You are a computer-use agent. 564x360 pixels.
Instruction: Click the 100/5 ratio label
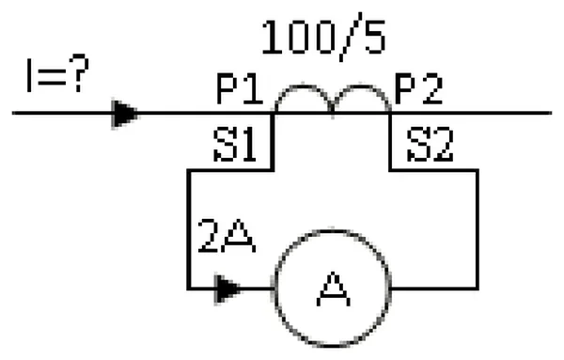point(323,37)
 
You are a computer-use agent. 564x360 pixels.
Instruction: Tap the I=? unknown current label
point(57,73)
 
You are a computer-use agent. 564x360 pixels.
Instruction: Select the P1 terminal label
point(240,89)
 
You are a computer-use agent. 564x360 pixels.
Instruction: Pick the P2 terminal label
point(418,89)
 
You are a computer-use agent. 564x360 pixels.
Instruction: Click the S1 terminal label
point(234,145)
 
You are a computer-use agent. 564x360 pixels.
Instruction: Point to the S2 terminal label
point(430,145)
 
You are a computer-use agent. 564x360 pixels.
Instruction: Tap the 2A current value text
point(227,236)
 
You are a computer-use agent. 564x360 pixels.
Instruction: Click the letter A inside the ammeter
point(333,290)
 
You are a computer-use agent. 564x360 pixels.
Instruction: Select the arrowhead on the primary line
point(125,114)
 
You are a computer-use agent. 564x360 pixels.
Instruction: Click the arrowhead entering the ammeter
point(227,289)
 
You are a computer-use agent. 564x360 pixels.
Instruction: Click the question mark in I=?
point(78,73)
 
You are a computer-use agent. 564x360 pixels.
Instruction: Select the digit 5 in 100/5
point(375,38)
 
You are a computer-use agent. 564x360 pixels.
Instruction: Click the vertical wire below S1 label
point(273,141)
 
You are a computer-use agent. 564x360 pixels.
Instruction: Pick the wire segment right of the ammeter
point(434,289)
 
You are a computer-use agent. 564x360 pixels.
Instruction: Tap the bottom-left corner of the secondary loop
point(189,289)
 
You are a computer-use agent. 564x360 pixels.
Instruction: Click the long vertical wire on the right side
point(478,229)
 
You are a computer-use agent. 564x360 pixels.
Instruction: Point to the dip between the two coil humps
point(332,107)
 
